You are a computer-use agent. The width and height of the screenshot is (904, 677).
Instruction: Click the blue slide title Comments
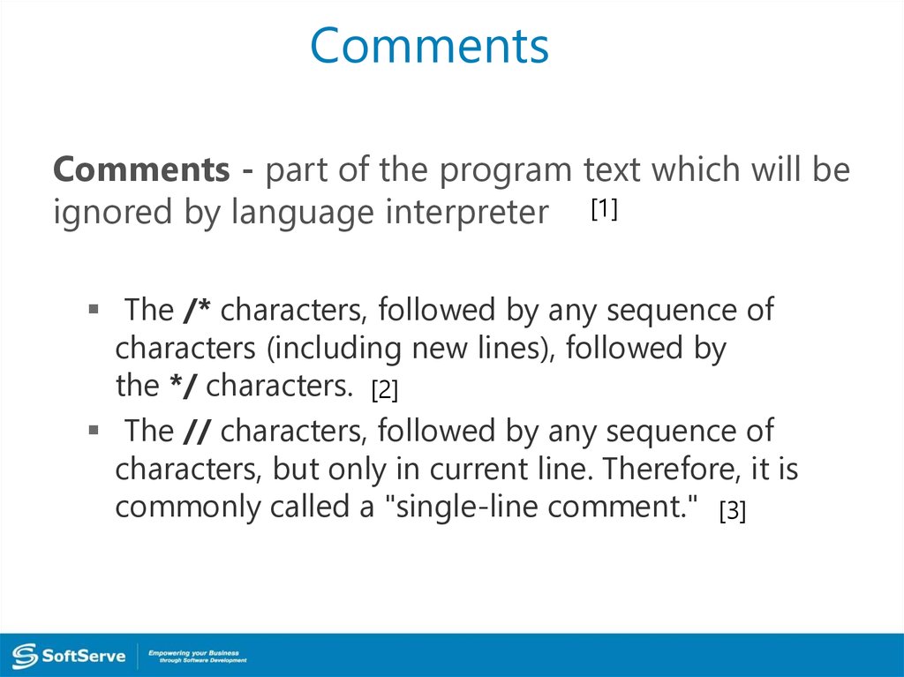coord(430,46)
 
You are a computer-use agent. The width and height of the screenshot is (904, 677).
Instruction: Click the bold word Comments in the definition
coord(141,169)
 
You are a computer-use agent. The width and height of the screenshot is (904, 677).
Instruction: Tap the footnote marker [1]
coord(604,209)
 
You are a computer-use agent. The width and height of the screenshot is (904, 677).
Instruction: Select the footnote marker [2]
coord(385,390)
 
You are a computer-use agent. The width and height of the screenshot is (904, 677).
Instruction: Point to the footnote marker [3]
coord(732,511)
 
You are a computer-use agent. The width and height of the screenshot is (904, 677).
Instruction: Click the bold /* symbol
coord(197,310)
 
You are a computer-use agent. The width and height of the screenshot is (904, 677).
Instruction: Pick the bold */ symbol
coord(183,385)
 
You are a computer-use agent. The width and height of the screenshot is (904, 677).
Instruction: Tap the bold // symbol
coord(197,431)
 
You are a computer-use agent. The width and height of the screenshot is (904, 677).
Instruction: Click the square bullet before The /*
coord(94,310)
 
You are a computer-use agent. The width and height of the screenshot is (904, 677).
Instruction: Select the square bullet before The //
coord(94,430)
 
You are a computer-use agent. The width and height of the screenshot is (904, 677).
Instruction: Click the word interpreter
coord(467,213)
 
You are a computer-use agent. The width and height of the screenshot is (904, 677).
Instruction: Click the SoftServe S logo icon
coord(25,656)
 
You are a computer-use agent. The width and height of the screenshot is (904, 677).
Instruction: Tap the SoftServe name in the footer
coord(84,656)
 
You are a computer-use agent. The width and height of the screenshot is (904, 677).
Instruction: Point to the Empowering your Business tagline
coord(197,656)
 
